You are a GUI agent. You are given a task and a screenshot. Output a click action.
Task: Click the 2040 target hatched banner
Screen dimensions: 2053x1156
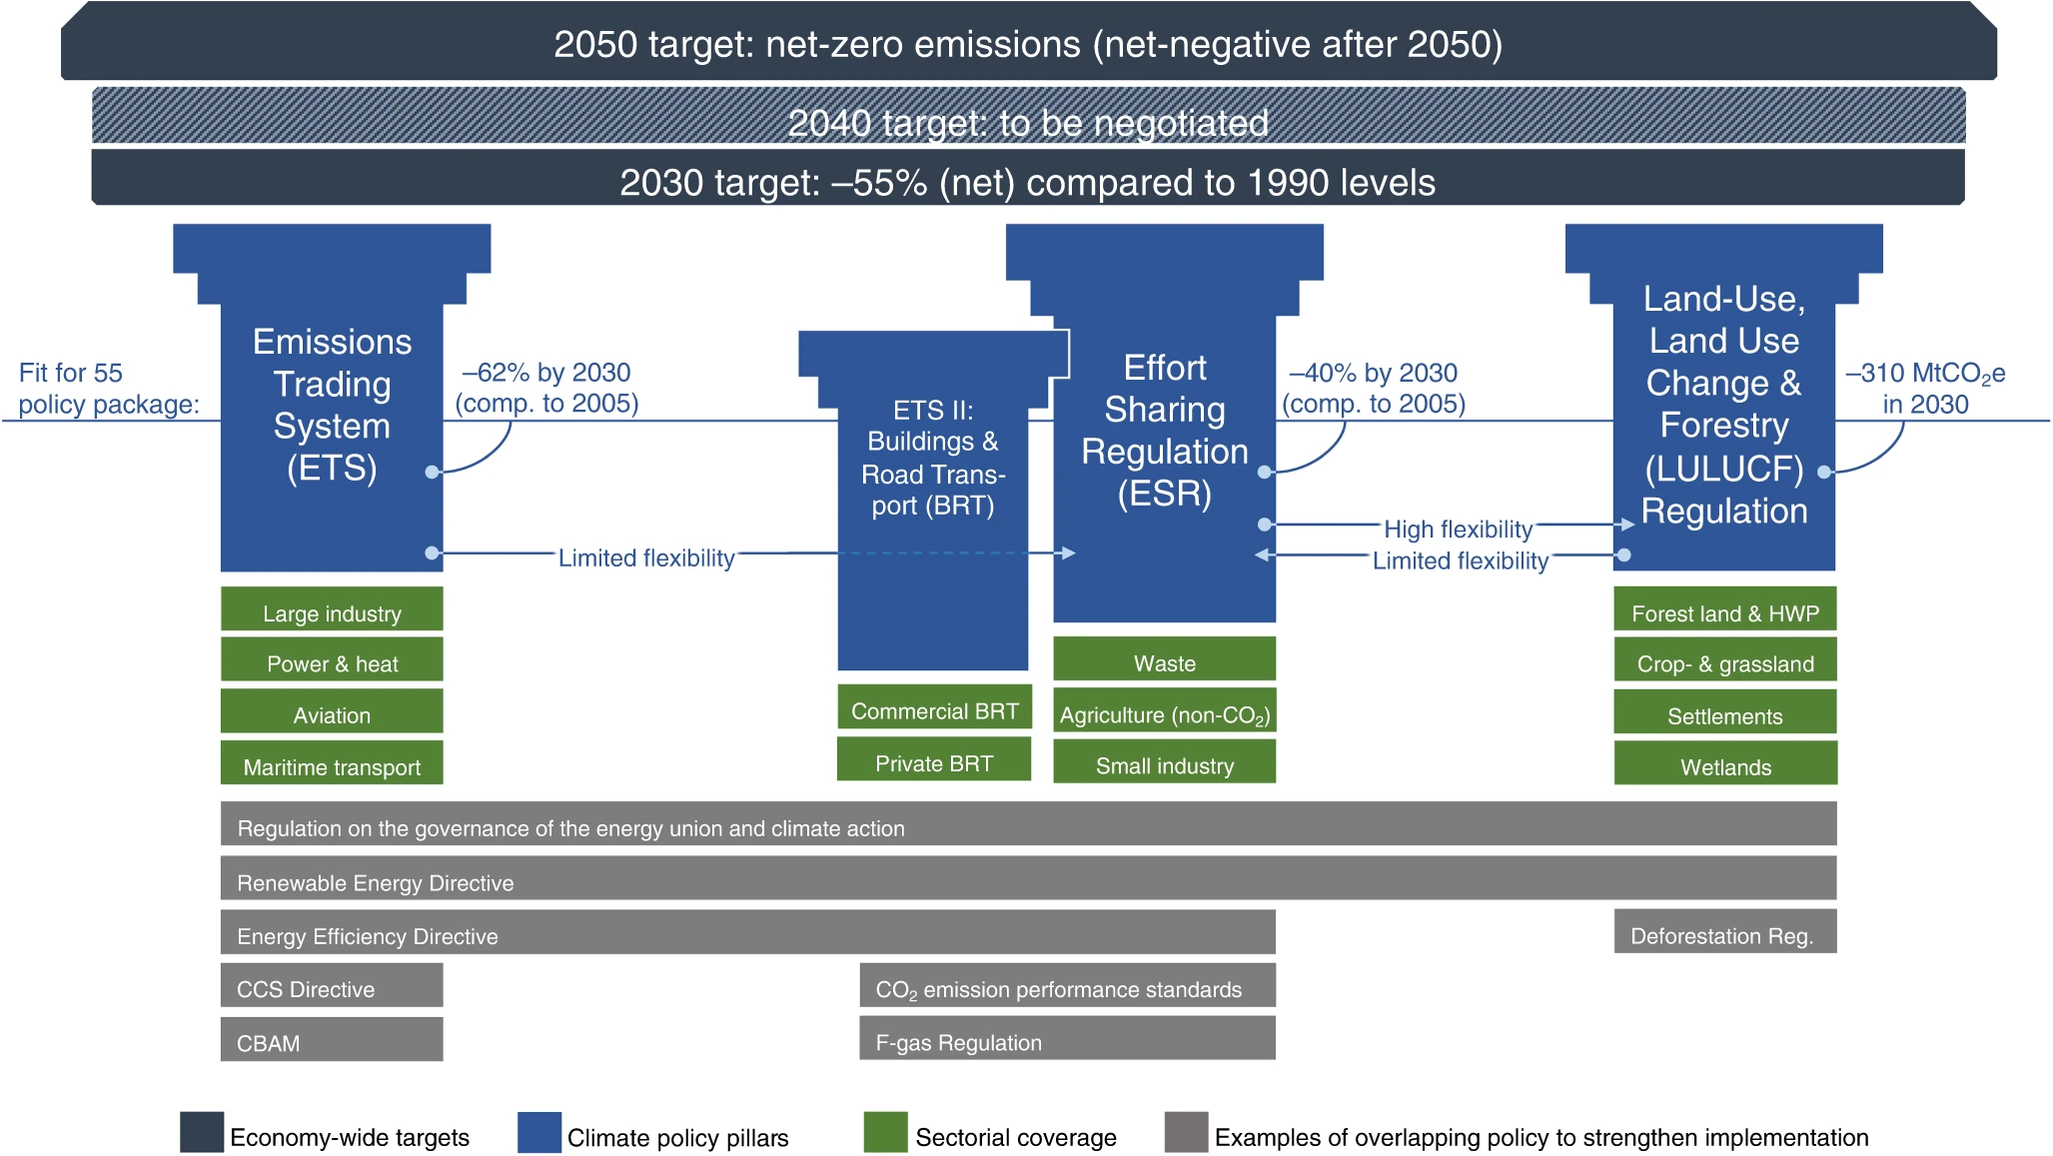click(x=1028, y=116)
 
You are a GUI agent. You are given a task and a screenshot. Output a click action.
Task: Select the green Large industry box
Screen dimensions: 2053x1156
click(x=332, y=608)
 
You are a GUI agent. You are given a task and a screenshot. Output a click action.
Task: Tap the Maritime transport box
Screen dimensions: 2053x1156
click(x=332, y=762)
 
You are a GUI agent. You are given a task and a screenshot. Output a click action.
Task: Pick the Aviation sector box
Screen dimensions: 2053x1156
click(x=332, y=710)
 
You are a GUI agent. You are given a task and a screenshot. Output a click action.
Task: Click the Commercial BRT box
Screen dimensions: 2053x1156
click(x=934, y=706)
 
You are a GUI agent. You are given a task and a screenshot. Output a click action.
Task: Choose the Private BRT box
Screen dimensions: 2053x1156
click(x=934, y=758)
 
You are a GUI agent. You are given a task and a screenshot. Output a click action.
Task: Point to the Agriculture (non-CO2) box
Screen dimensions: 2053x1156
click(x=1165, y=710)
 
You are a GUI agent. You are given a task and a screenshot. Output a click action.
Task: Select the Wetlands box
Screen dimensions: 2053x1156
click(x=1725, y=762)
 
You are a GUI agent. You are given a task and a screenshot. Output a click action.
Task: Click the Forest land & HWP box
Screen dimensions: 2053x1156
click(x=1725, y=608)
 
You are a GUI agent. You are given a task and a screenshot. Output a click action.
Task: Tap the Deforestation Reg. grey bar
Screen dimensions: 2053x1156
click(x=1725, y=931)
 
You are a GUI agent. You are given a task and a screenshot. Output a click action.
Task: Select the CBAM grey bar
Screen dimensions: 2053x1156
click(x=332, y=1039)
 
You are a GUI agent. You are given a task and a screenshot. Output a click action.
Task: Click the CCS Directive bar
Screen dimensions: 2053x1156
click(x=332, y=985)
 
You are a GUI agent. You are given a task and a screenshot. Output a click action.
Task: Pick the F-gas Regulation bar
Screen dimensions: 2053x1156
click(x=1068, y=1038)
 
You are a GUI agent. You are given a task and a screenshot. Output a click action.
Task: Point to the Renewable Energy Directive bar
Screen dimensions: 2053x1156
click(x=1029, y=878)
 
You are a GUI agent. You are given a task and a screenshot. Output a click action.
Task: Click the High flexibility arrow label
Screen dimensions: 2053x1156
click(x=1458, y=529)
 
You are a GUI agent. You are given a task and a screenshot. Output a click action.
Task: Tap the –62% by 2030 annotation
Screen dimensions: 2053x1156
click(x=546, y=388)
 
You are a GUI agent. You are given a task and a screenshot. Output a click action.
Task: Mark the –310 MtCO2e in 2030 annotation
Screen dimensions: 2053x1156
click(x=1925, y=389)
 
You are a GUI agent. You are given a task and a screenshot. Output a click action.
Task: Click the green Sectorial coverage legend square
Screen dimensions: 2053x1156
click(x=885, y=1132)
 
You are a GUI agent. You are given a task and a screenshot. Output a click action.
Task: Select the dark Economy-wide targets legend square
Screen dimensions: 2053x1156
click(x=202, y=1132)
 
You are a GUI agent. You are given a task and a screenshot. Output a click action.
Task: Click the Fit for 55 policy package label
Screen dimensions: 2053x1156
click(x=109, y=389)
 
